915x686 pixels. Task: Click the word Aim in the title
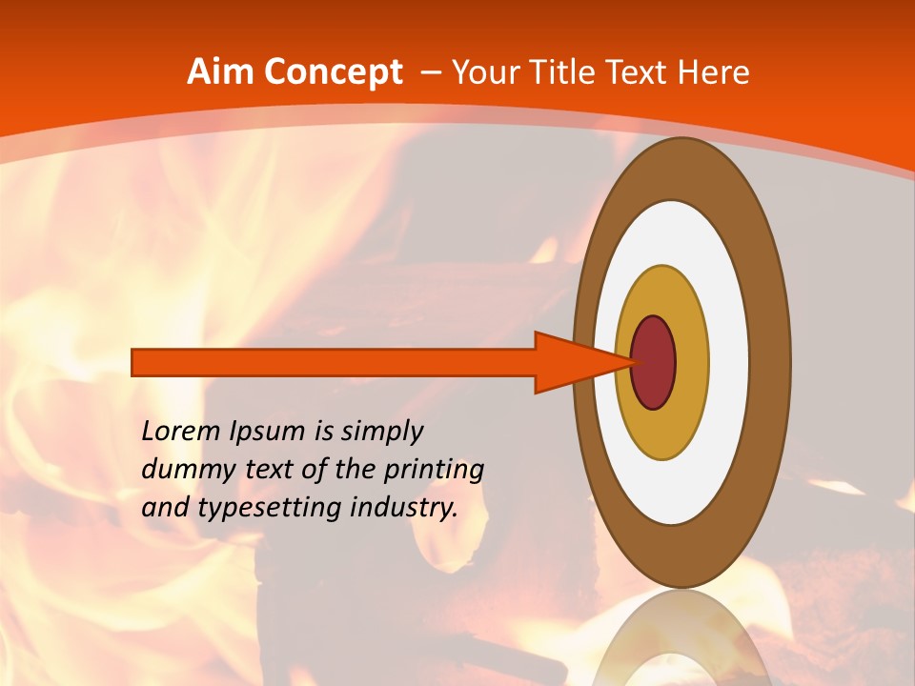click(219, 72)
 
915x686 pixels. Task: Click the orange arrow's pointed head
click(581, 363)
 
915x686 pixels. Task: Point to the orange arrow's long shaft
click(334, 363)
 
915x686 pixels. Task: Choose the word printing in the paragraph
click(434, 470)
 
